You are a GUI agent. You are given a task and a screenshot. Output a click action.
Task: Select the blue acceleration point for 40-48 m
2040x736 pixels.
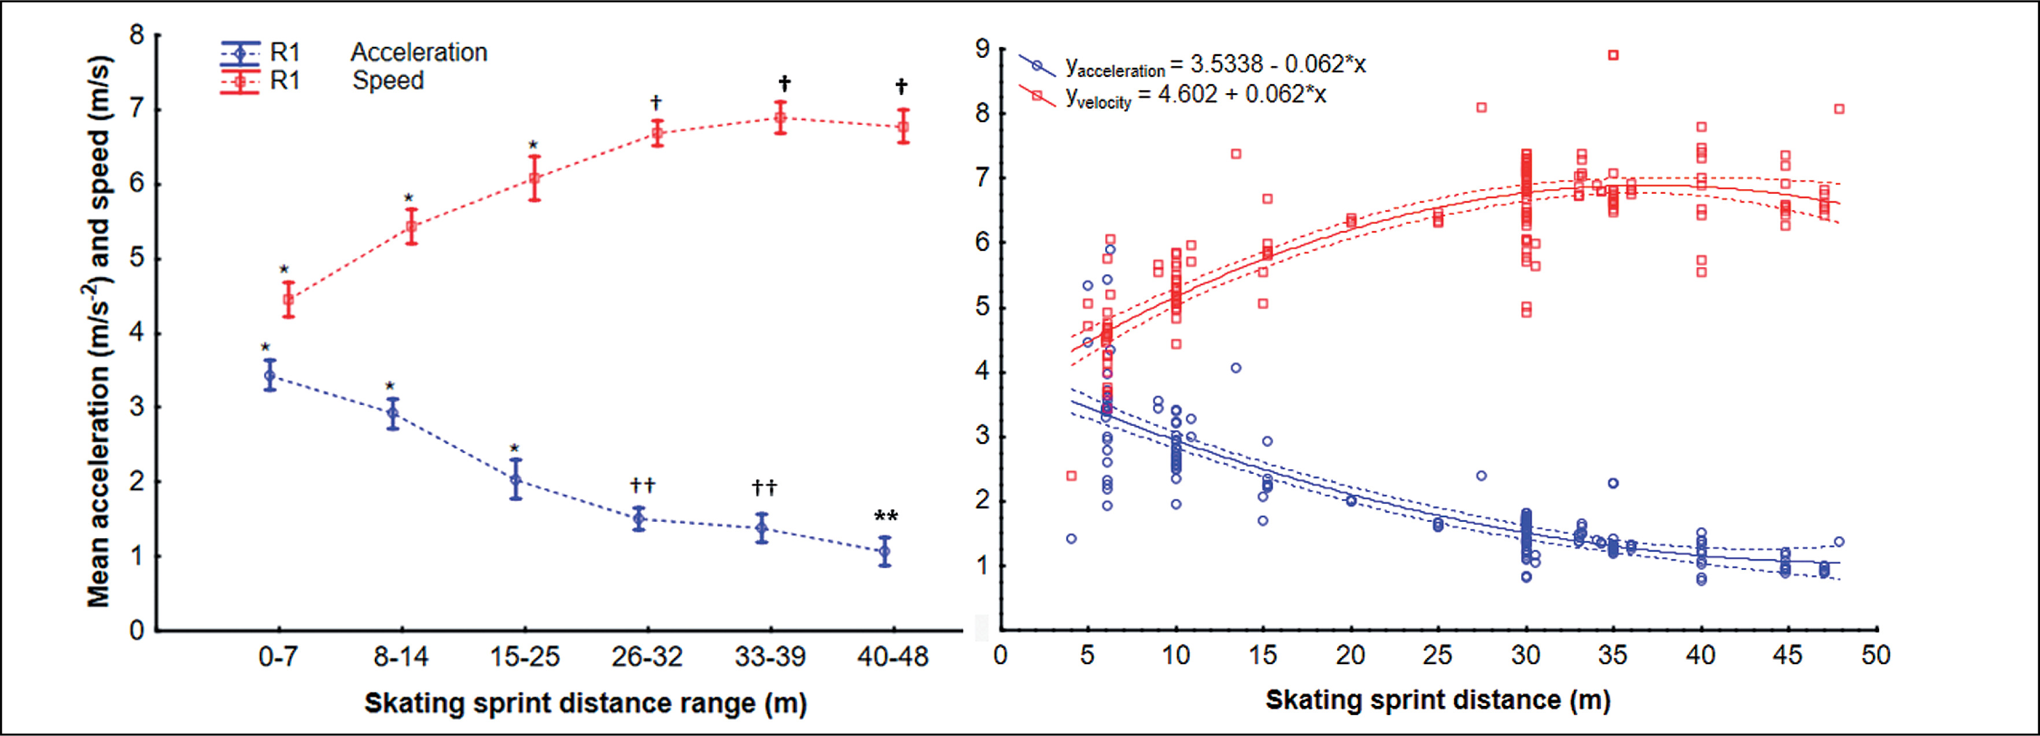[x=884, y=551]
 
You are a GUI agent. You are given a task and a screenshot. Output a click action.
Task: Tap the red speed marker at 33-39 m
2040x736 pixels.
[x=780, y=118]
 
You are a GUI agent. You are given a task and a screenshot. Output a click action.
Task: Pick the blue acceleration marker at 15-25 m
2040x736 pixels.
[x=515, y=479]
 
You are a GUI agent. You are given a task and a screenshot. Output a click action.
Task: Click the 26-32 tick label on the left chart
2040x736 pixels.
[x=647, y=657]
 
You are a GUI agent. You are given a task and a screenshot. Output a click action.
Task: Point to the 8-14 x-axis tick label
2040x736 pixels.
[x=401, y=657]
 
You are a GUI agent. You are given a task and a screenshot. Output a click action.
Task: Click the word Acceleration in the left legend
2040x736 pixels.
[x=419, y=52]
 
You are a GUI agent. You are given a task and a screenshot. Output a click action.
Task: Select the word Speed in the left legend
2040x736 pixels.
[x=388, y=81]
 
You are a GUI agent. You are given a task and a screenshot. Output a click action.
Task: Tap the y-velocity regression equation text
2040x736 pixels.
[x=1195, y=96]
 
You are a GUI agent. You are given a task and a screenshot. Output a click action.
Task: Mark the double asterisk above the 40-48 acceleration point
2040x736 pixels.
[x=886, y=517]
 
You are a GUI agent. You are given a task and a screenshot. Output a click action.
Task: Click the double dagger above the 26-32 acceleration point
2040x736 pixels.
[x=642, y=485]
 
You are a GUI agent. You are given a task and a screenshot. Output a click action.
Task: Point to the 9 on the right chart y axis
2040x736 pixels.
[x=983, y=49]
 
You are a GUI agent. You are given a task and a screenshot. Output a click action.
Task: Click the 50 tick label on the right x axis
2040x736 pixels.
[x=1875, y=655]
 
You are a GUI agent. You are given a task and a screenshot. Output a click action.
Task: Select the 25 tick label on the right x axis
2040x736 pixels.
[x=1437, y=655]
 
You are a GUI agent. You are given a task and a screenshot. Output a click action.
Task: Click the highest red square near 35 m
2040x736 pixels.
[x=1613, y=54]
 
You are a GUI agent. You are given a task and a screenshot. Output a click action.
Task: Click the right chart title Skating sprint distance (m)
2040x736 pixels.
[x=1437, y=700]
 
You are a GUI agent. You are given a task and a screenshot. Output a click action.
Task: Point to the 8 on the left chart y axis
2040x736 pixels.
[x=137, y=35]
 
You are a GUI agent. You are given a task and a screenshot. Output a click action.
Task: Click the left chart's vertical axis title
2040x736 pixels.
[x=98, y=331]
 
